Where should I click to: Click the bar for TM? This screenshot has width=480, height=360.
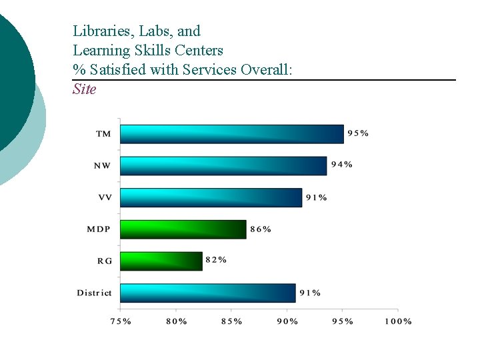point(231,134)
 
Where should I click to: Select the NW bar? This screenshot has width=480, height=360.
point(223,166)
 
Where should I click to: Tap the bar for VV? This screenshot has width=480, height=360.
point(211,197)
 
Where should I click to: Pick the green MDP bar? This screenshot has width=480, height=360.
point(183,229)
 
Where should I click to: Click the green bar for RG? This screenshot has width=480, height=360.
point(161,261)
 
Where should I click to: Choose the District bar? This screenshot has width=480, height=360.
point(207,293)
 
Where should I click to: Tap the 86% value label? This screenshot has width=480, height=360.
point(261,229)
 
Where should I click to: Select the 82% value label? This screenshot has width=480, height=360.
point(216,260)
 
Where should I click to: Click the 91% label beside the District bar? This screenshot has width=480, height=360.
point(310,292)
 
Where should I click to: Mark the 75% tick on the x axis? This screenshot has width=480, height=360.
point(120,321)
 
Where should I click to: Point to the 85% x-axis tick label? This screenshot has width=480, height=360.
point(231,321)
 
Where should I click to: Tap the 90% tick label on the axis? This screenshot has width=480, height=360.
point(287,321)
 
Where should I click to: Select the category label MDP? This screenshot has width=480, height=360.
point(99,229)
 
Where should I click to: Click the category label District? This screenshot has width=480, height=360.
point(94,293)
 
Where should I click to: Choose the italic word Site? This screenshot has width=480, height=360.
point(85,89)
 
